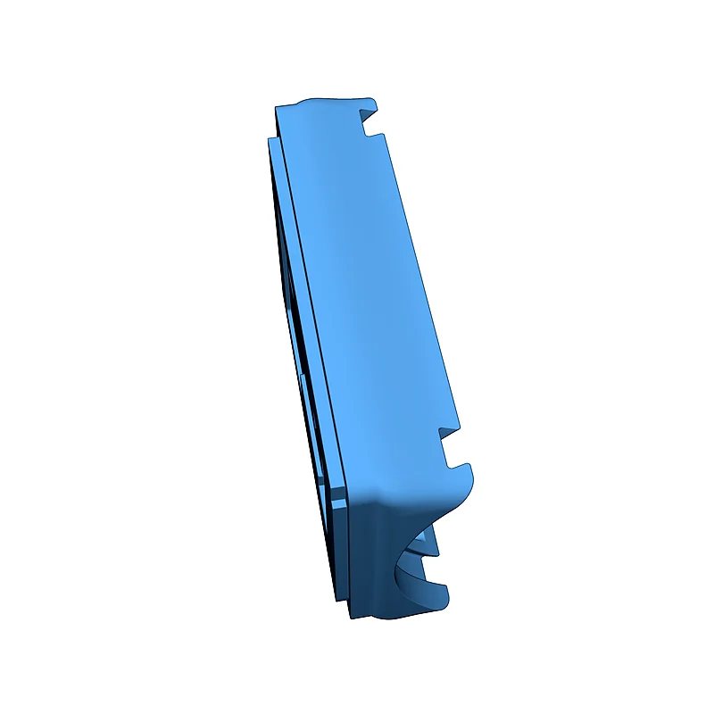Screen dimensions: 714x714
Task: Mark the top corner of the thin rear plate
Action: (269, 140)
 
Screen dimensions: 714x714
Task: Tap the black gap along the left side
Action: (303, 357)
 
